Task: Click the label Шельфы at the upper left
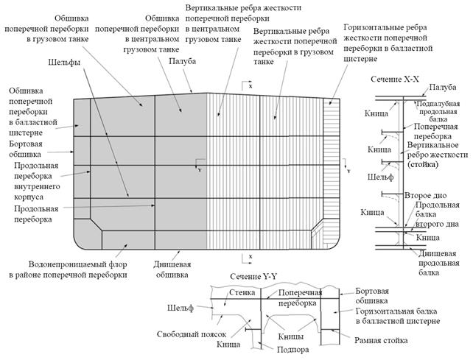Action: pyautogui.click(x=64, y=63)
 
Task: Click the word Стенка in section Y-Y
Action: pyautogui.click(x=241, y=292)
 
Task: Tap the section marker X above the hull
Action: pyautogui.click(x=251, y=88)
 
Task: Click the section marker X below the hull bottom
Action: pyautogui.click(x=251, y=256)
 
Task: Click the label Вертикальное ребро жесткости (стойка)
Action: pyautogui.click(x=436, y=155)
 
